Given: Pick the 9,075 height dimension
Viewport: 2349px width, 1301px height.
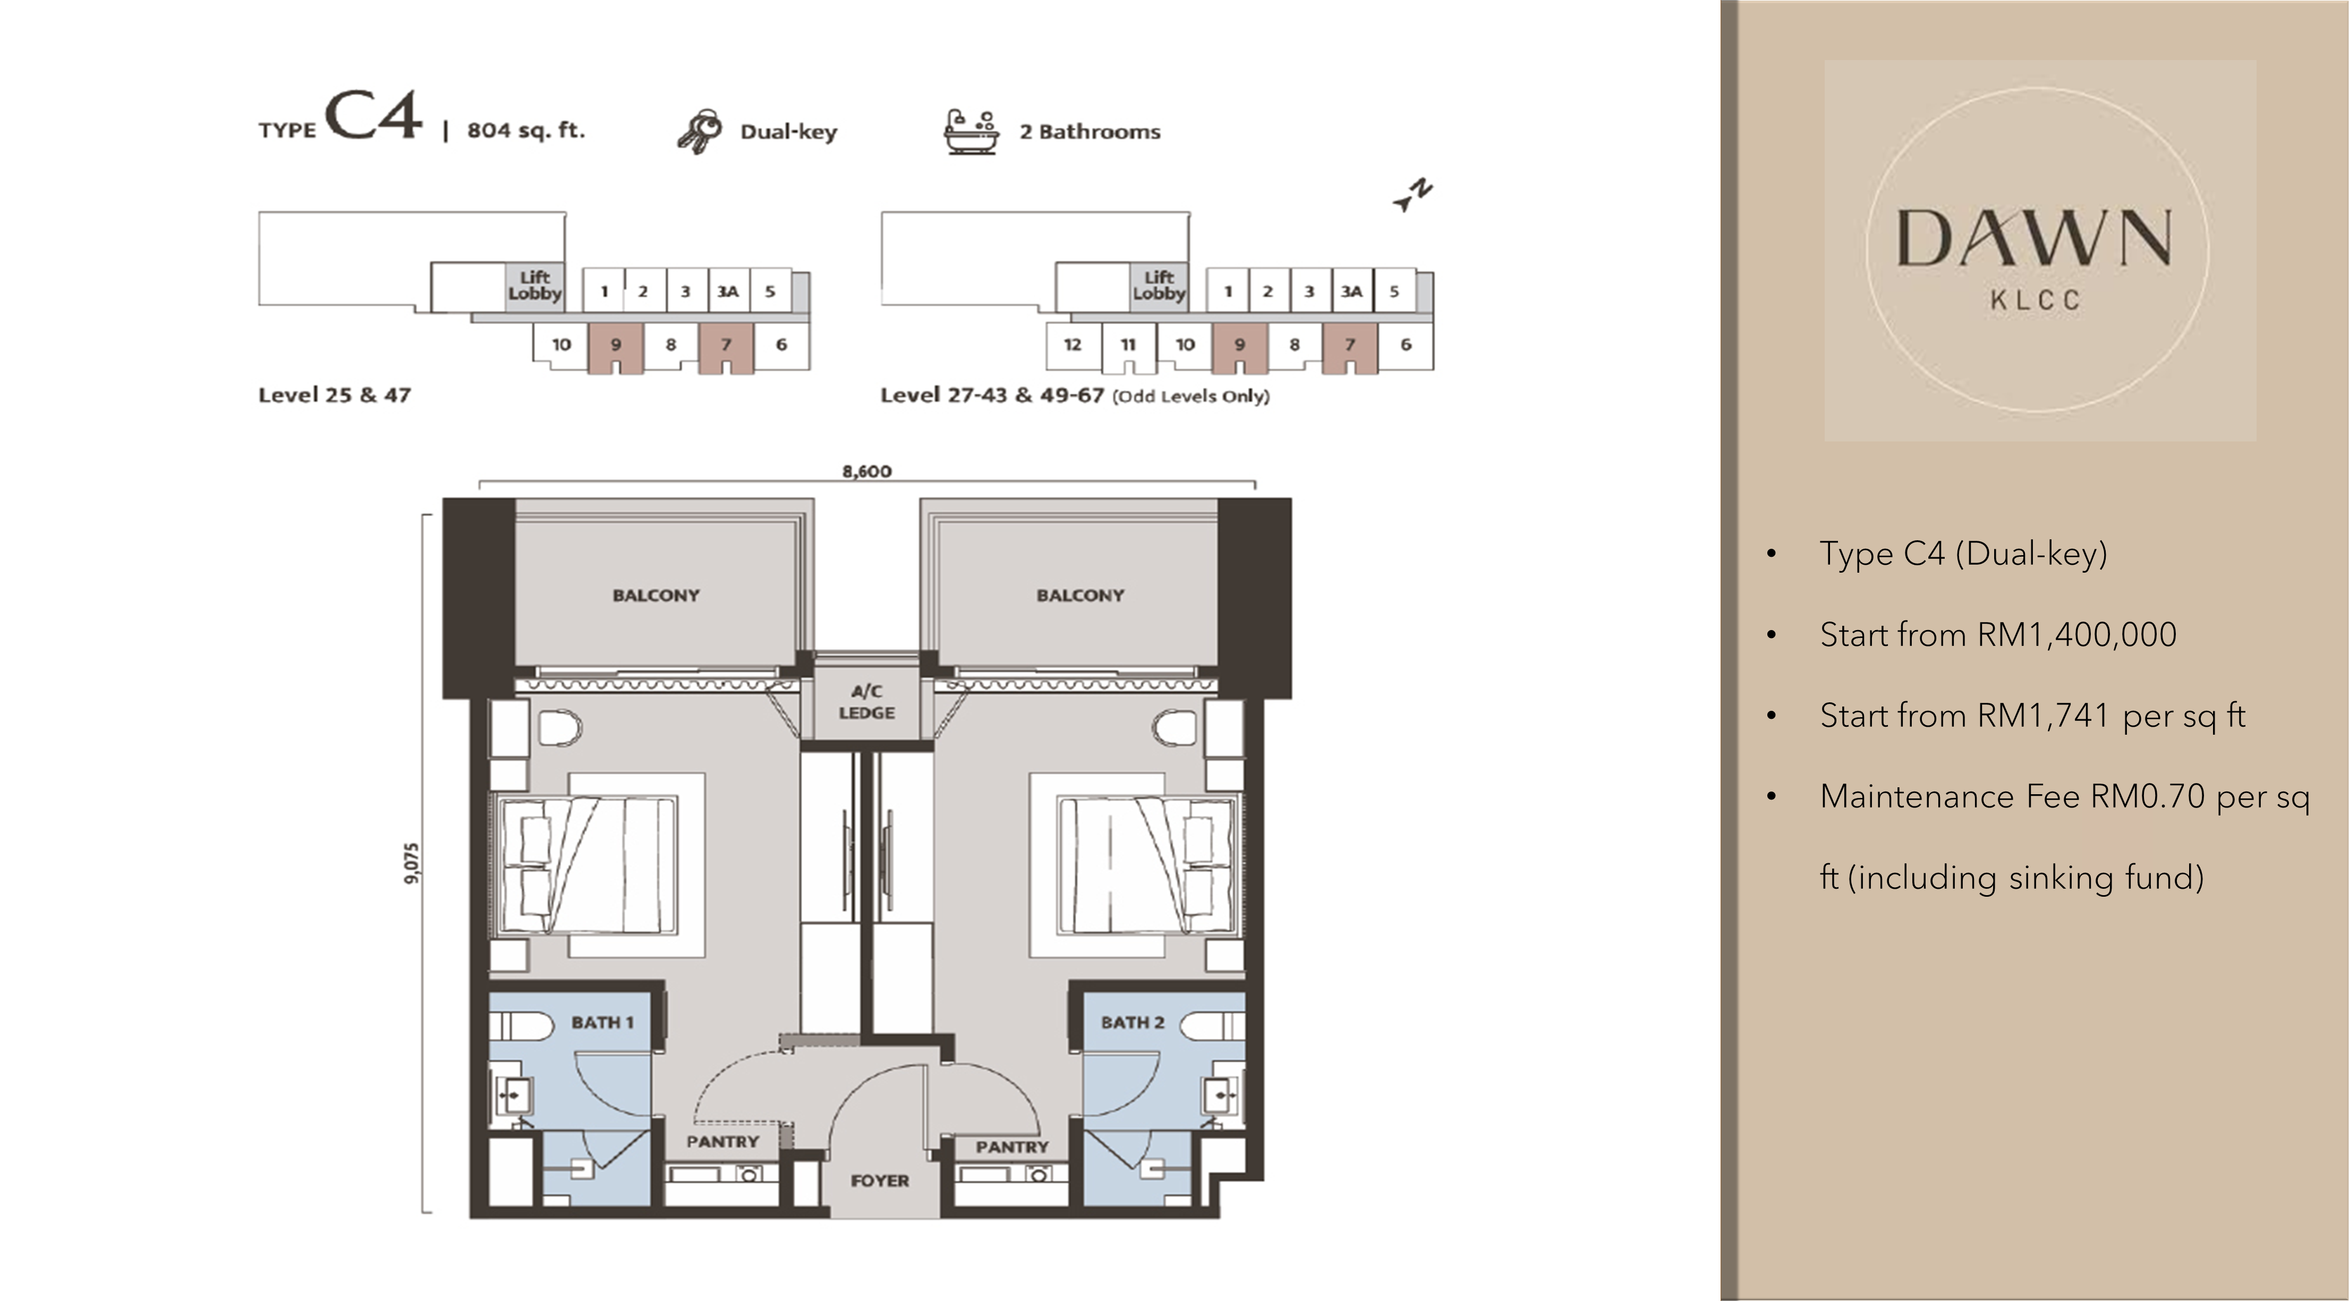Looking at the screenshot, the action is tap(412, 863).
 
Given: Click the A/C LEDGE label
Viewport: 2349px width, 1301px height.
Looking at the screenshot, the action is tap(866, 702).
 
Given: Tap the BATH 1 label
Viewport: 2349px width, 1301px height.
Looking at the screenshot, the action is tap(602, 1023).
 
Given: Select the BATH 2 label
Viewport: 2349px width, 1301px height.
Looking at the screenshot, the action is tap(1133, 1023).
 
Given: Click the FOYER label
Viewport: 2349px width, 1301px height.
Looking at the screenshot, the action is tap(880, 1180).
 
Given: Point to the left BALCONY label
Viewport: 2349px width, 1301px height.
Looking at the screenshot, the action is tap(656, 596).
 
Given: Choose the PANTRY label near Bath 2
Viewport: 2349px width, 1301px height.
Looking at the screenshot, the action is tap(1012, 1147).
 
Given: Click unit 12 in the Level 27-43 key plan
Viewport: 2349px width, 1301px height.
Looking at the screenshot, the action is tap(1073, 345).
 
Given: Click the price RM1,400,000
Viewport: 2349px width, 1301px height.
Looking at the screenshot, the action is tap(2076, 634).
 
